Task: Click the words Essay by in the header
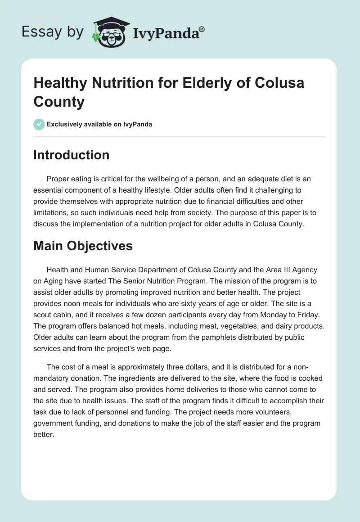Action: coord(53,31)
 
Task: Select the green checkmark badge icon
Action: coord(39,124)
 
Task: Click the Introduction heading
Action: coord(72,155)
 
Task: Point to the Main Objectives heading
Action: coord(83,246)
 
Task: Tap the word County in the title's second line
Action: coord(59,102)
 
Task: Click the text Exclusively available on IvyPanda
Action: coord(99,124)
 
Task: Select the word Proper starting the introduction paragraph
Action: coord(58,179)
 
